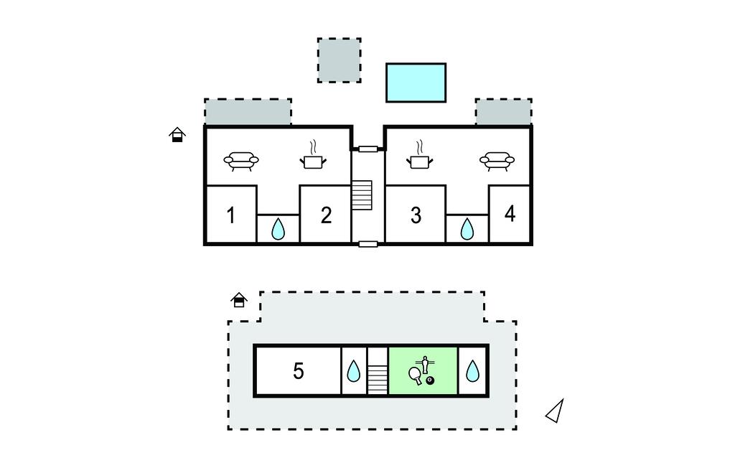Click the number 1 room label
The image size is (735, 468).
(x=230, y=215)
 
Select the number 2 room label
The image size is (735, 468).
(x=327, y=215)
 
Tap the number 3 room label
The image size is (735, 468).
(x=416, y=215)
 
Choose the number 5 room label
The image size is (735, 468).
(x=299, y=371)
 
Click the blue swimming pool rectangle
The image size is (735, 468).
(x=416, y=83)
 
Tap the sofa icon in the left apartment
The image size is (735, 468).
(x=241, y=161)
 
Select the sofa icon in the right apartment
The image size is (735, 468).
(x=497, y=161)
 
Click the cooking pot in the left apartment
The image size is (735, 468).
(x=313, y=154)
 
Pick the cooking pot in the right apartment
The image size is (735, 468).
(x=419, y=154)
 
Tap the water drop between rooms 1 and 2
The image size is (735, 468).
(x=278, y=229)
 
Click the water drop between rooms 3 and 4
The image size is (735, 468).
(x=467, y=229)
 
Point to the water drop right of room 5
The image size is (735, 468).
(x=353, y=371)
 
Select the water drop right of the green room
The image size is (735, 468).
(x=472, y=371)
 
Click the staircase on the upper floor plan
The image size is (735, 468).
(x=362, y=195)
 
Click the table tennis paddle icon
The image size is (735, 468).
(x=416, y=375)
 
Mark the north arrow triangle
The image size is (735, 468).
(x=555, y=411)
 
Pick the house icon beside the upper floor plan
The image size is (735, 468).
(x=177, y=134)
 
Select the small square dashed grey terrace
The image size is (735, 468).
(x=339, y=60)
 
